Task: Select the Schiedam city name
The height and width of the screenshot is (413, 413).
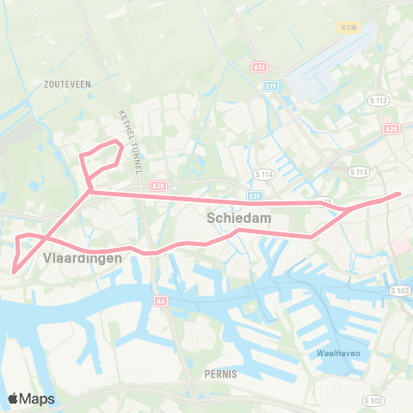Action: pyautogui.click(x=239, y=219)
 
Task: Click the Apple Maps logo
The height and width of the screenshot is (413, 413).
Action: pyautogui.click(x=31, y=398)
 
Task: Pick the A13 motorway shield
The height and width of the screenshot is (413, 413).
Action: pyautogui.click(x=259, y=66)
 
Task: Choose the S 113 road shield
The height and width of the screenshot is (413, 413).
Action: pyautogui.click(x=360, y=172)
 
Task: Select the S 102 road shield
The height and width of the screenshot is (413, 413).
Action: pyautogui.click(x=373, y=400)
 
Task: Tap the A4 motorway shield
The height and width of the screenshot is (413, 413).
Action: pyautogui.click(x=161, y=301)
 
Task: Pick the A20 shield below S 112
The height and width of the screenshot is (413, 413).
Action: pyautogui.click(x=392, y=128)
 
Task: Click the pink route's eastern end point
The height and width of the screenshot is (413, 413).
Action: pyautogui.click(x=399, y=194)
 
